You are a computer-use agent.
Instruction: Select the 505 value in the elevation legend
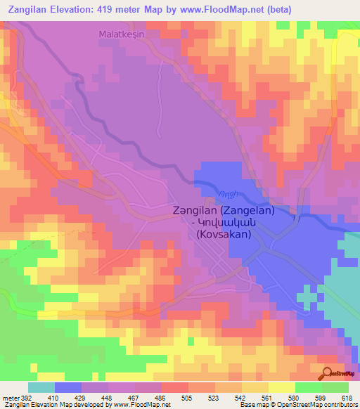click(x=188, y=397)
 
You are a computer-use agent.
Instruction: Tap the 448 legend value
click(x=108, y=397)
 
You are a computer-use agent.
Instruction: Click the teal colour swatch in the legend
click(x=41, y=387)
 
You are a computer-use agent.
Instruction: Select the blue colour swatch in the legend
click(x=67, y=387)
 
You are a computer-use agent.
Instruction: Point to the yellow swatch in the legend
click(x=281, y=387)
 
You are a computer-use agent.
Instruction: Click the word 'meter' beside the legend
click(x=10, y=397)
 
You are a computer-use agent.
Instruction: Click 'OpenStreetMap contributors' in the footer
click(x=316, y=405)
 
